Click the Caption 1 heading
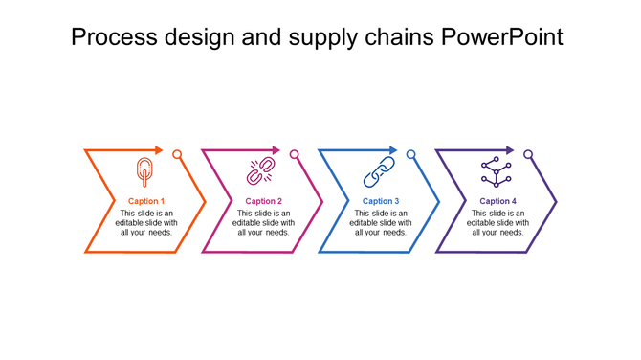point(146,201)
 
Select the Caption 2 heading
point(263,201)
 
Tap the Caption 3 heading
point(381,201)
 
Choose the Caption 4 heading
point(497,201)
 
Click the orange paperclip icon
point(144,171)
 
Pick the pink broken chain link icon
point(261,172)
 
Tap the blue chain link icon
point(379,172)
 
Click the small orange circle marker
point(177,154)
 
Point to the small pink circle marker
point(295,154)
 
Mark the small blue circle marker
point(411,154)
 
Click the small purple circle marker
point(528,154)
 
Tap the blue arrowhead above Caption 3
point(393,150)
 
